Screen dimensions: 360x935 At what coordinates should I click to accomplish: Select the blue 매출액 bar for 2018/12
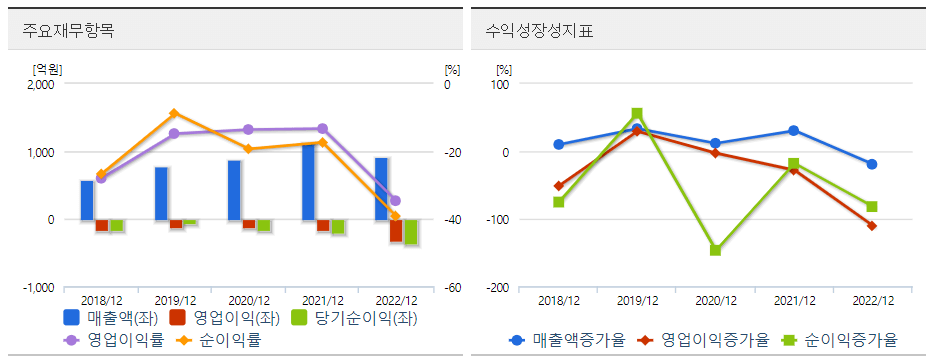tap(87, 200)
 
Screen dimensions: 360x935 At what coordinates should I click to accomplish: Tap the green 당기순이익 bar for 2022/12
tap(410, 232)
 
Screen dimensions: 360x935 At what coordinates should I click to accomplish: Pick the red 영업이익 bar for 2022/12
tap(396, 230)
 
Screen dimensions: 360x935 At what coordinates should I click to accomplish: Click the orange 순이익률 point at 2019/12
tap(174, 113)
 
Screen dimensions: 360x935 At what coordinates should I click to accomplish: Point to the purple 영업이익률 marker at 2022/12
tap(395, 201)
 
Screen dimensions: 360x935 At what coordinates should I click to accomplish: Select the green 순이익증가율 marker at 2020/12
tap(715, 250)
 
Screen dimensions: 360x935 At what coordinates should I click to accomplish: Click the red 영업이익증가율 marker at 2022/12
tap(872, 226)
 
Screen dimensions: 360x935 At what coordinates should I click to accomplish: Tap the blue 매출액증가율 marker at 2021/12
tap(793, 131)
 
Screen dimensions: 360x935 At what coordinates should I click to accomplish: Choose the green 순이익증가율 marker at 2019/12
tap(637, 113)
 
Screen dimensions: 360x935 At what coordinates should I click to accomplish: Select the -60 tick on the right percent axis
tap(452, 288)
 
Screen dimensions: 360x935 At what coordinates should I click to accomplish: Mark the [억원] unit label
tap(47, 69)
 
